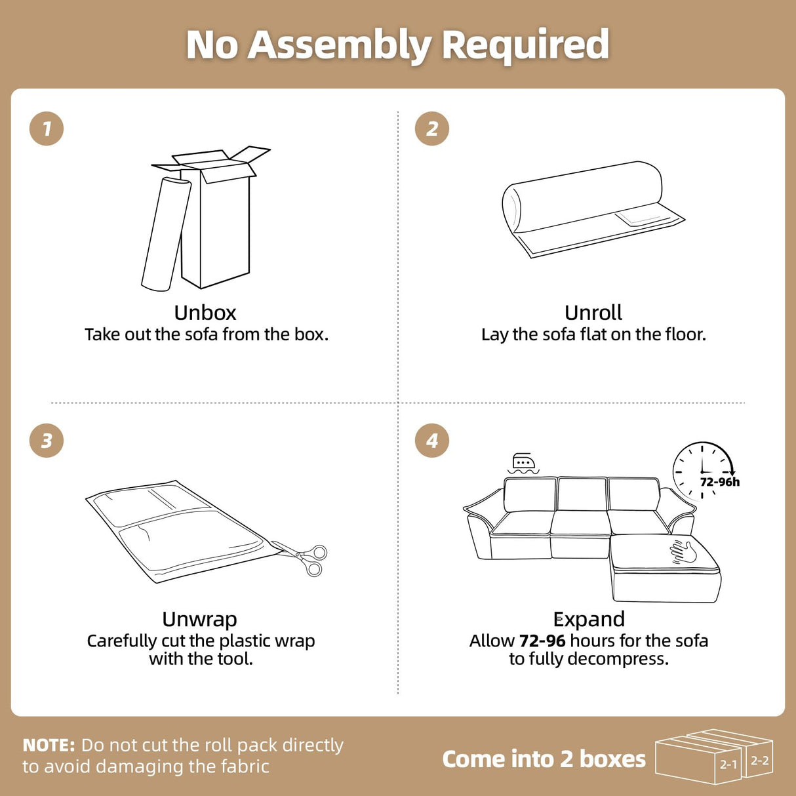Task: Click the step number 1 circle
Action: coord(47,129)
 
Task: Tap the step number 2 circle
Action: coord(431,129)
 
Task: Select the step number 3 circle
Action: coord(47,441)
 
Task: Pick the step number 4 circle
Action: coord(431,441)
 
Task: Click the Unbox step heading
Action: coord(205,313)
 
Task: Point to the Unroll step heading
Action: coord(593,313)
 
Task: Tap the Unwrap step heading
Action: coord(199,619)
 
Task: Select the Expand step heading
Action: coord(589,619)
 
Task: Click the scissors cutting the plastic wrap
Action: coord(305,558)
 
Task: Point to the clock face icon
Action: coord(702,469)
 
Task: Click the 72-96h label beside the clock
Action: coord(719,482)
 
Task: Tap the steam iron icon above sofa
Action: coord(523,463)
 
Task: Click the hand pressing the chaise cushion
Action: coord(683,551)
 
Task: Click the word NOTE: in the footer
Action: coord(49,746)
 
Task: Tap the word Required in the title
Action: coord(525,45)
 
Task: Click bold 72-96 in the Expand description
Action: coord(542,641)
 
